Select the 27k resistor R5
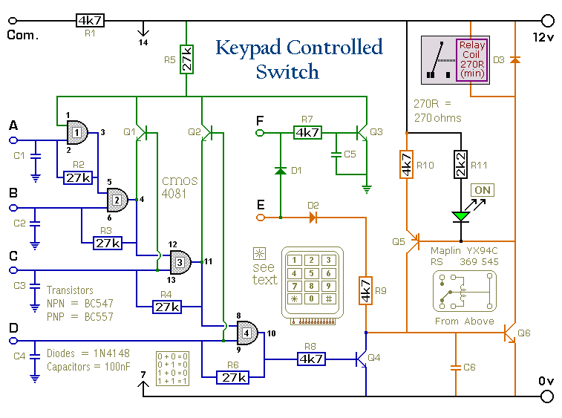[x=186, y=60]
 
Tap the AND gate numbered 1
[x=76, y=133]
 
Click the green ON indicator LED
[x=462, y=215]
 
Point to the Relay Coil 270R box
[x=471, y=59]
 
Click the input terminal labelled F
[x=260, y=133]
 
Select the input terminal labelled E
[x=260, y=218]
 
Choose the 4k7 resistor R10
[x=406, y=165]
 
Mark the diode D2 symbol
[x=313, y=218]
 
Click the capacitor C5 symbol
[x=336, y=154]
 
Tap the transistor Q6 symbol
[x=509, y=333]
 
